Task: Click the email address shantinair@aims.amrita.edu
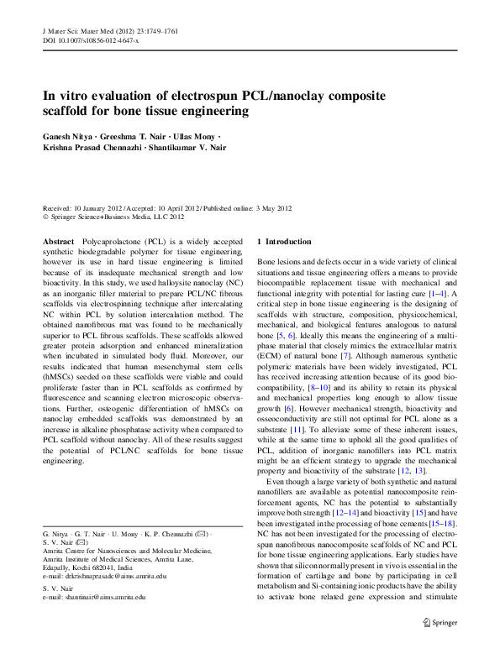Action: [x=98, y=598]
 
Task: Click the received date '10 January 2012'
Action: [x=97, y=207]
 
